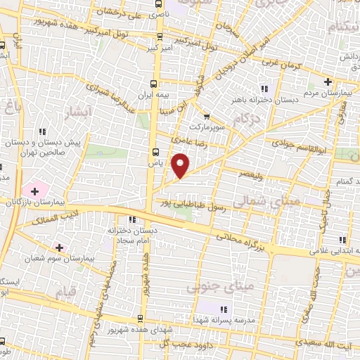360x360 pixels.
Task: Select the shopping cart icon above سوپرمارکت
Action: pyautogui.click(x=206, y=117)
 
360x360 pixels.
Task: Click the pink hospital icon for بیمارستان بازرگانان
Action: pyautogui.click(x=32, y=189)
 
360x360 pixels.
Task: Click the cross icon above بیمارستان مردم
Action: pyautogui.click(x=328, y=82)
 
